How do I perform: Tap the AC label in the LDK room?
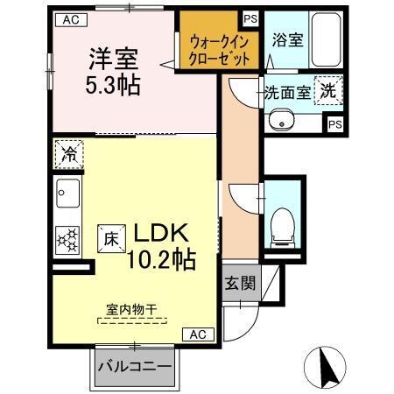point(198,334)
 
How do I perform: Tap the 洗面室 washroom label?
point(286,93)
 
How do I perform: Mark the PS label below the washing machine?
point(335,124)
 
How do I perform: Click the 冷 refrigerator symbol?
point(67,155)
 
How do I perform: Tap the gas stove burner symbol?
point(67,238)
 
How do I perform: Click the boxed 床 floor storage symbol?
point(112,236)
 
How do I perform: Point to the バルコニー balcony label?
point(134,366)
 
